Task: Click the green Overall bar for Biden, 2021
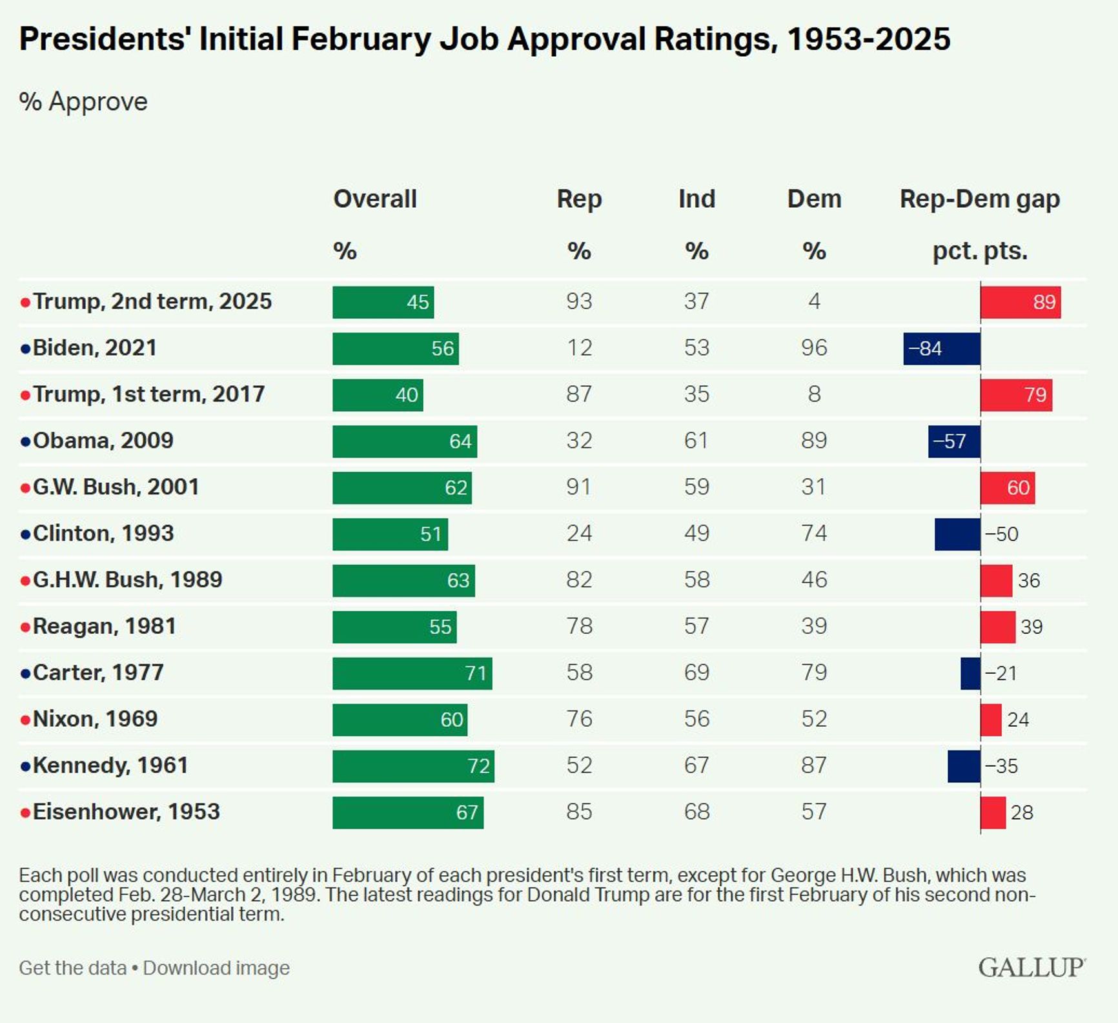click(395, 349)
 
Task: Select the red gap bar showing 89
click(1020, 302)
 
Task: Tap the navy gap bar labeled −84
click(941, 349)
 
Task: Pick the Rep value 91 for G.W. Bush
click(579, 487)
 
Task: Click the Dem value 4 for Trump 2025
click(814, 301)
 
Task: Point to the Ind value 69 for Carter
click(696, 673)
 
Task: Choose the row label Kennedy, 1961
click(110, 765)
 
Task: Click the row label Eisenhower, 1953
click(126, 812)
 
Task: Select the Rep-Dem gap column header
click(979, 199)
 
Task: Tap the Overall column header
click(375, 199)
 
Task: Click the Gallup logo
click(1031, 967)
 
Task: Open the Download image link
click(216, 968)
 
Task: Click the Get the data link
click(72, 968)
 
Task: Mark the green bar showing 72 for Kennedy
click(413, 766)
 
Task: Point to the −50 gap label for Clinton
click(1002, 534)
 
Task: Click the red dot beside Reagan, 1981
click(25, 627)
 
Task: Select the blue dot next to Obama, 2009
click(25, 441)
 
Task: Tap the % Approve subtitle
click(83, 102)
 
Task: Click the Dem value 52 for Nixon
click(814, 719)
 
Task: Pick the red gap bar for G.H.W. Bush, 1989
click(996, 580)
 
